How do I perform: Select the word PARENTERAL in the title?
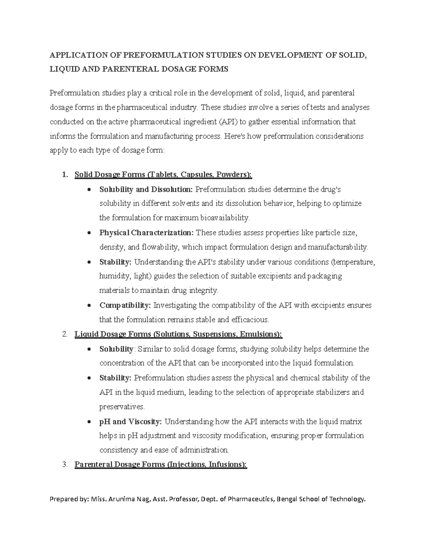[129, 69]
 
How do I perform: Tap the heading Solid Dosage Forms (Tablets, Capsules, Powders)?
[163, 175]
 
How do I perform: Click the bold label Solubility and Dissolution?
[146, 189]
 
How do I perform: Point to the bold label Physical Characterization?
[147, 233]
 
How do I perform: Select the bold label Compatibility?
[125, 305]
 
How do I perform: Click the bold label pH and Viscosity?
[131, 422]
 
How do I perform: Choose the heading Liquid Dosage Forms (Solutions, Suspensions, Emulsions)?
[178, 334]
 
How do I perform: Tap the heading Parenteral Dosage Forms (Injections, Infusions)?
[161, 465]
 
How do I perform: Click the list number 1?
[64, 175]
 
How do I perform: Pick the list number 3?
[64, 465]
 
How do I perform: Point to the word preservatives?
[122, 407]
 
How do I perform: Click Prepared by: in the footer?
[69, 499]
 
